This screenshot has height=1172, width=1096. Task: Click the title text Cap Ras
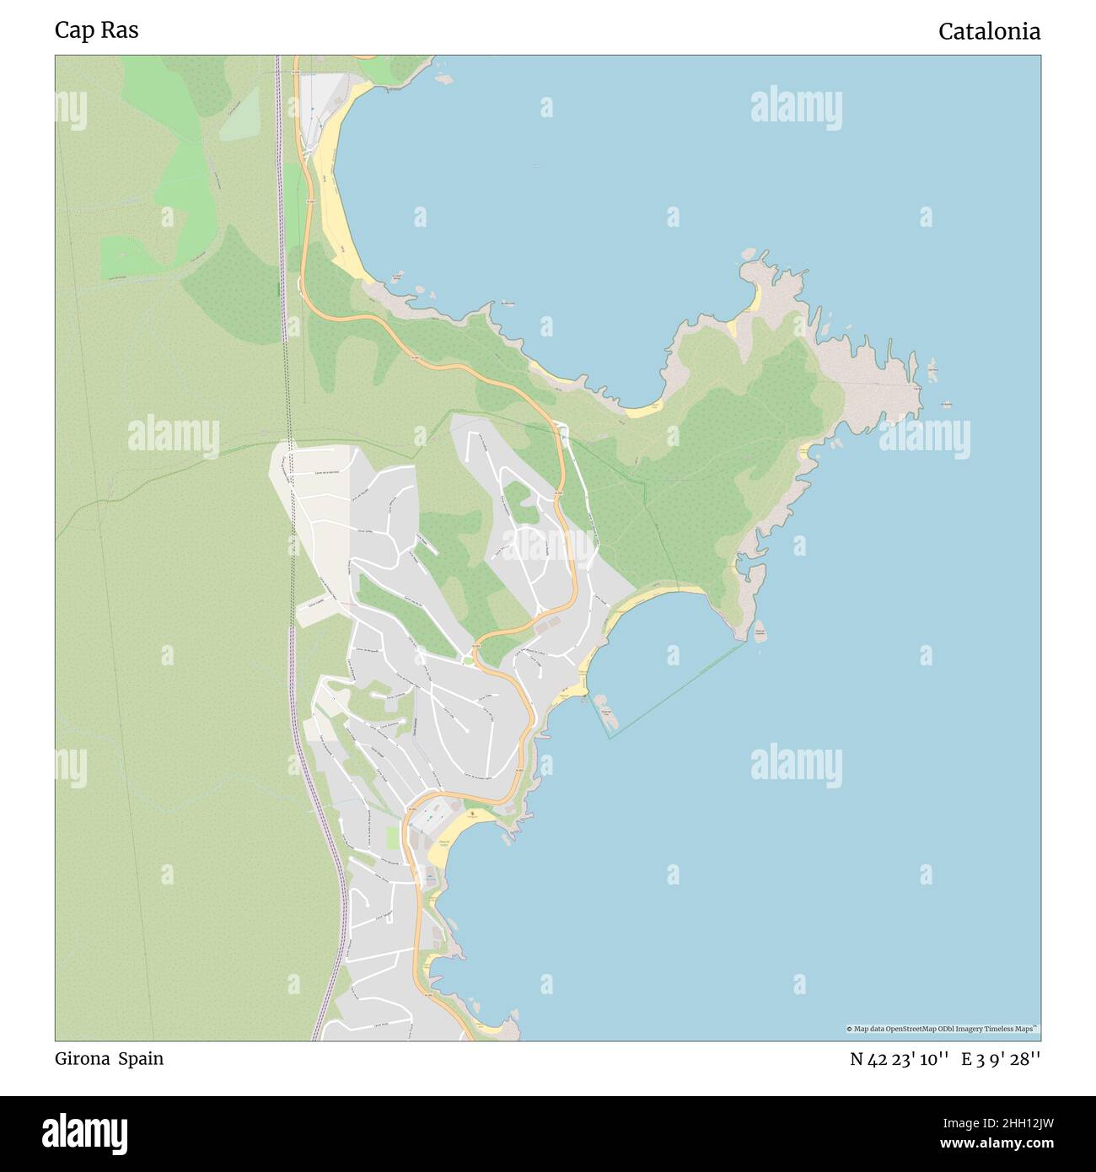[97, 30]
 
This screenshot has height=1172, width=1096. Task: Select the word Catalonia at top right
[989, 32]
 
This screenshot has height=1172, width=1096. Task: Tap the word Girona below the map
[81, 1059]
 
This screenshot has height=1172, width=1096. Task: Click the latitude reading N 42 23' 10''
[900, 1060]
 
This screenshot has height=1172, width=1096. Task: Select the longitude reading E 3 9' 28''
[1001, 1060]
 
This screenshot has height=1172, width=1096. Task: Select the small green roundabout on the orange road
[468, 660]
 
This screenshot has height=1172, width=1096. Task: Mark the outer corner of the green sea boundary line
[611, 739]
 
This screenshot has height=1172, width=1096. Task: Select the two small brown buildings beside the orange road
[546, 624]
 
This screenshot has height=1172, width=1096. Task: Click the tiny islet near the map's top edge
[443, 78]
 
